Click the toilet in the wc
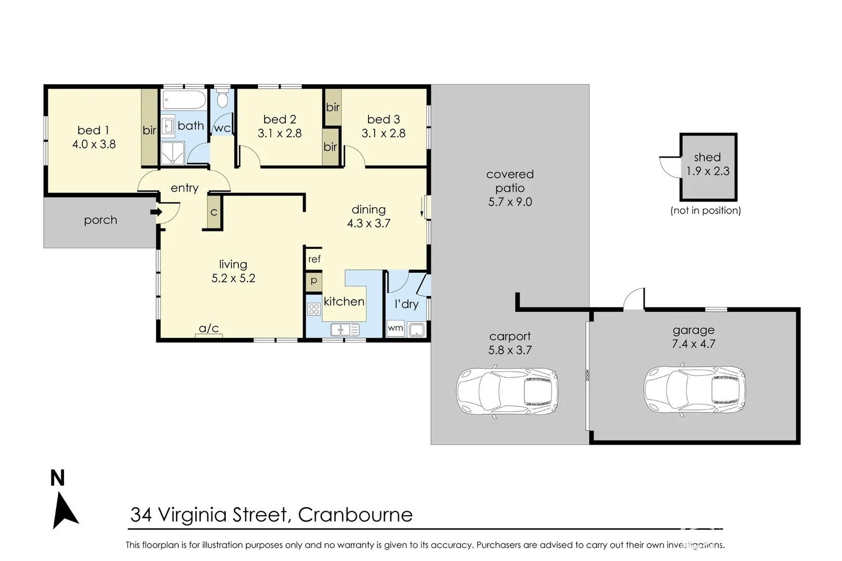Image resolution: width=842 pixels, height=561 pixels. click(222, 99)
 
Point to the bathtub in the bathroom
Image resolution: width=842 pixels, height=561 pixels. click(184, 99)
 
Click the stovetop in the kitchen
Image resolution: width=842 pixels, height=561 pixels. click(314, 310)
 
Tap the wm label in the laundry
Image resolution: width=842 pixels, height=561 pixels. click(396, 328)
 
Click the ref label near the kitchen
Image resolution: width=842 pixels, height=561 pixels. click(314, 259)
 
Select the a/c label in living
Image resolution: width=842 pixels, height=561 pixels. click(209, 328)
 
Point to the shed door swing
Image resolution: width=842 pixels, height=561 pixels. click(670, 166)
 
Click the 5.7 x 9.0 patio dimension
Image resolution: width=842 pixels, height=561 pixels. click(510, 202)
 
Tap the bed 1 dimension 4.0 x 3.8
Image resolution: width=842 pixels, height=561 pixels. click(94, 144)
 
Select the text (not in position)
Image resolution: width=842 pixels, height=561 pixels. click(705, 210)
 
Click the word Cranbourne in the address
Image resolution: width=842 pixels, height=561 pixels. click(356, 515)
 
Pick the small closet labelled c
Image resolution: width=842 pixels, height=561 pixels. click(214, 212)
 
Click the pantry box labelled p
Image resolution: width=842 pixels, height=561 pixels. click(314, 281)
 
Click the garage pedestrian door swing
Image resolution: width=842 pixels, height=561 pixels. click(634, 300)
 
